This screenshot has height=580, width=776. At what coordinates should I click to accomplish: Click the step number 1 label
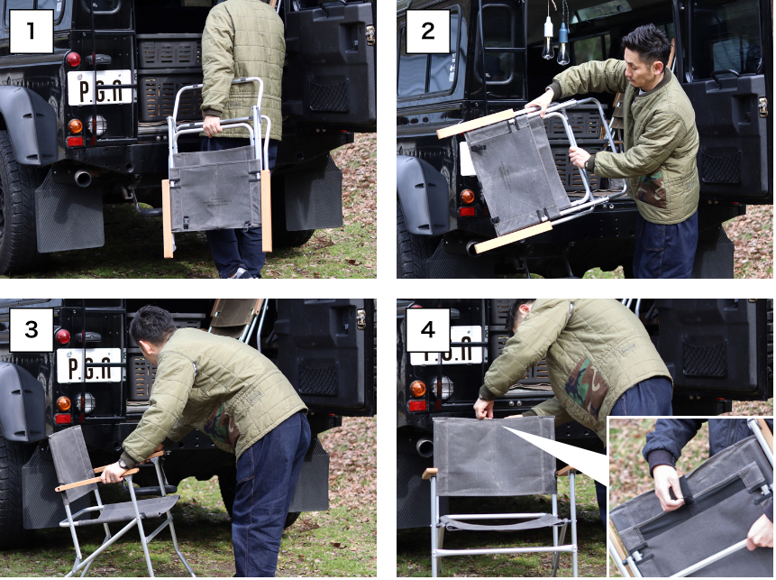point(32,32)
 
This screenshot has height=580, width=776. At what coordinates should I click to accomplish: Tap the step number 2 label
point(428,32)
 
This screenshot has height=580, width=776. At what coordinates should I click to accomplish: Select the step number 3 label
point(32,329)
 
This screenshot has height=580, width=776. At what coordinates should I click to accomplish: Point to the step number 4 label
point(428,329)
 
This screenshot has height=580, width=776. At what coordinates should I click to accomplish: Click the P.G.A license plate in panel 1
point(99,87)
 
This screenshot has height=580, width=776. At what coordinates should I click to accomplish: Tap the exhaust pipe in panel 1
point(82,178)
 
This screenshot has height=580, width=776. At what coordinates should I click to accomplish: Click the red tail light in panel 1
point(73,60)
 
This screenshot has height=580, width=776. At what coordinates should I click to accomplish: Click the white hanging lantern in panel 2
point(548,37)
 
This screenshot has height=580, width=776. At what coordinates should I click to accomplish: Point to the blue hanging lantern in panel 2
point(563,42)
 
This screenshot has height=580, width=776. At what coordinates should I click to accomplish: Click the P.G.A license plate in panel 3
point(89,365)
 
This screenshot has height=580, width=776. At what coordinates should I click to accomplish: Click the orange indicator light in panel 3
point(63,403)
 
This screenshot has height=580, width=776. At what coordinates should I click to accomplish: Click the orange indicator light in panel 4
point(417,389)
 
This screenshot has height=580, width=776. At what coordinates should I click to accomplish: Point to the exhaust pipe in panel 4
point(424,447)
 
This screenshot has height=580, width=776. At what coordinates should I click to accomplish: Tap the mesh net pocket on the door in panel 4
point(705,359)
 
